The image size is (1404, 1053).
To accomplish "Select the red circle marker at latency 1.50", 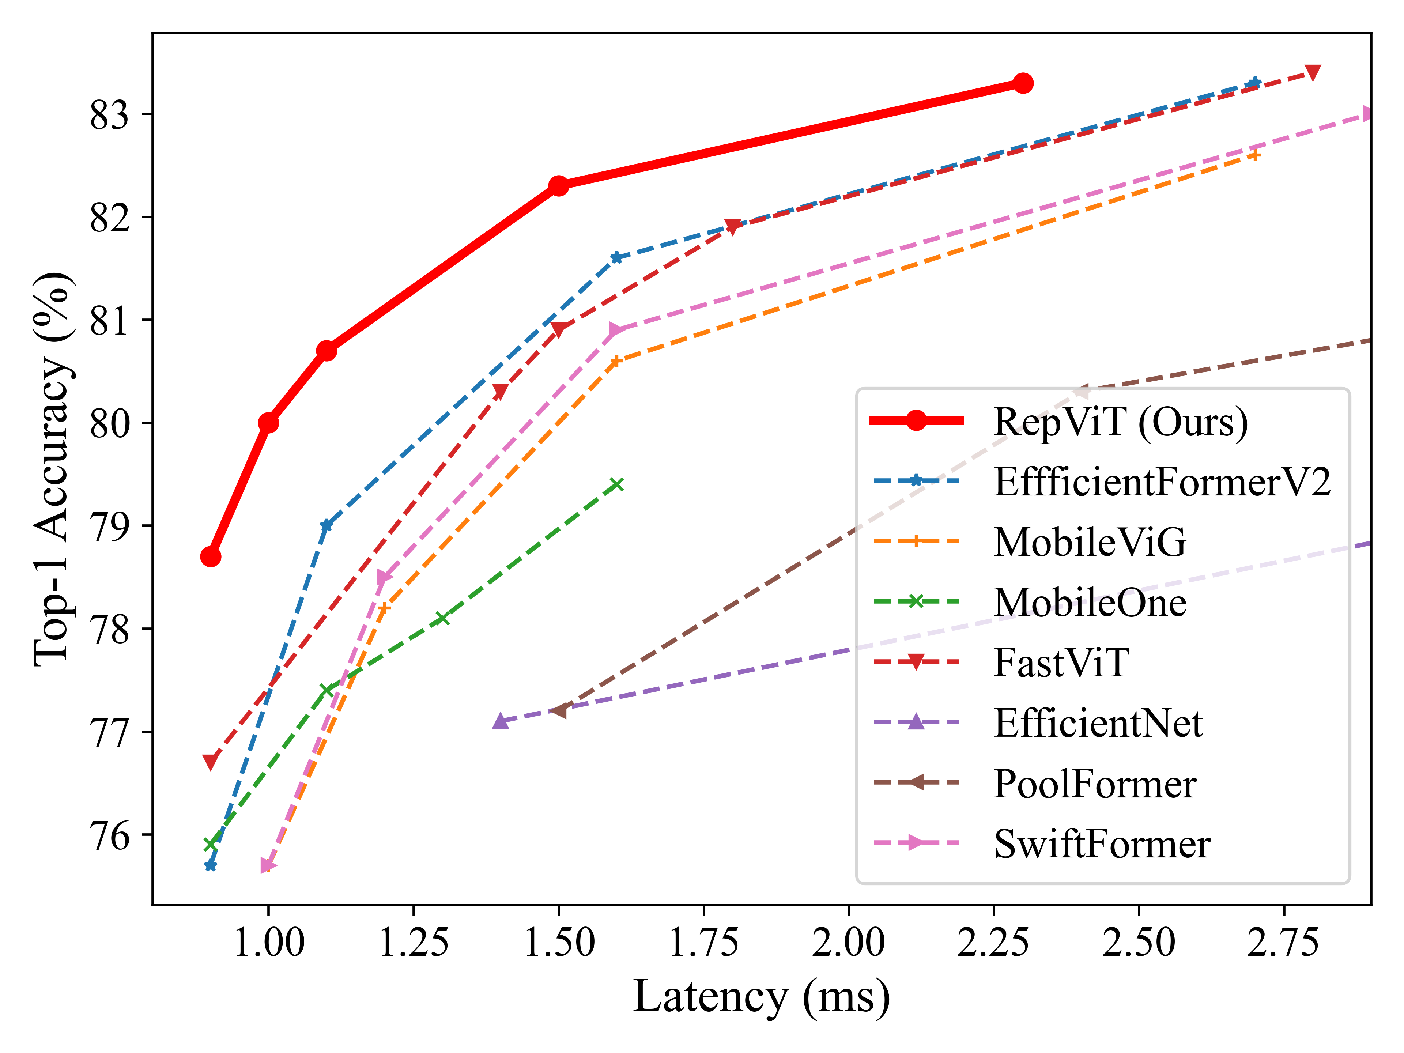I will [559, 186].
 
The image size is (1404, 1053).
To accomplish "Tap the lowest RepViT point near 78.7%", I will [211, 556].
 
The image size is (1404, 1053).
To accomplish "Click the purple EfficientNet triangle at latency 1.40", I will [500, 721].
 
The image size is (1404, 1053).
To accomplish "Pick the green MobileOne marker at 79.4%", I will [616, 485].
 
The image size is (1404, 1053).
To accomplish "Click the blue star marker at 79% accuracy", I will [326, 525].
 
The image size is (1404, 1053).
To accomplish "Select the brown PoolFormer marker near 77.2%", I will [559, 711].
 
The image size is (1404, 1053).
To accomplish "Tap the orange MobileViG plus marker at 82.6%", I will [1254, 155].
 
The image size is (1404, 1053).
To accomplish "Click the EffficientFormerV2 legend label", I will [1162, 482].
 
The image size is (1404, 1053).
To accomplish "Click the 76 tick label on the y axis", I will [109, 836].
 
